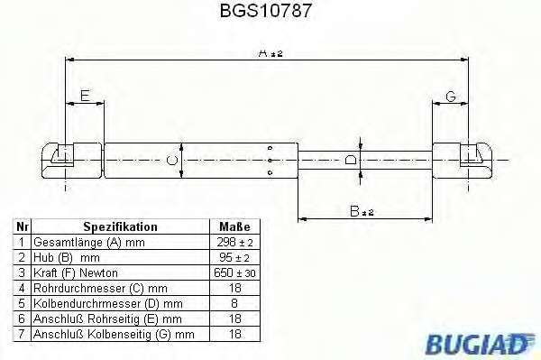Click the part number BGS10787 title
point(266,10)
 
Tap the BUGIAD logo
point(480,344)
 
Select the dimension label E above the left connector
point(85,96)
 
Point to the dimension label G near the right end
point(451,97)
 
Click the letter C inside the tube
point(172,161)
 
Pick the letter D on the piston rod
point(351,160)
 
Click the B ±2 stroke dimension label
point(362,211)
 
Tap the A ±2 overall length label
point(270,53)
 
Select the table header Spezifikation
point(121,226)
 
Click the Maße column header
point(234,226)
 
